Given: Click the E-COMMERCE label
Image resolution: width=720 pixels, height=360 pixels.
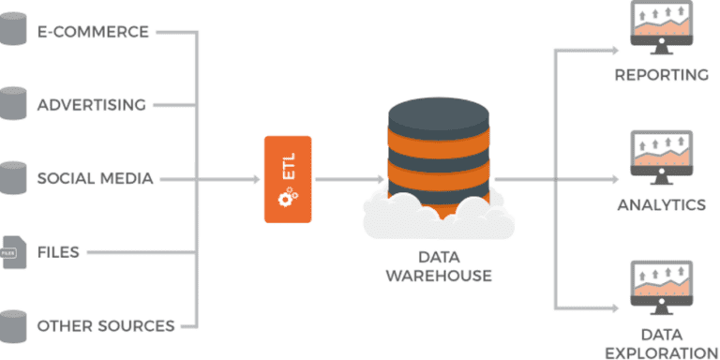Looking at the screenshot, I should point(93,32).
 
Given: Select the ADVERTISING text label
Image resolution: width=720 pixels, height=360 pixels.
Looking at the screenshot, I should point(91,105).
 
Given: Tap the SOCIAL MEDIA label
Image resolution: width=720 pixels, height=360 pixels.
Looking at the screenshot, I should point(95,178).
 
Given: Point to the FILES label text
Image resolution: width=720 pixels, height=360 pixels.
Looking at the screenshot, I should point(58,252).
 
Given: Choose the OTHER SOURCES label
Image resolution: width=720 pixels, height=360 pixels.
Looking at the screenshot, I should point(106,326).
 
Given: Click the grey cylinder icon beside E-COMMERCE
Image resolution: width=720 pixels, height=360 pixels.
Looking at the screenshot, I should point(12,30).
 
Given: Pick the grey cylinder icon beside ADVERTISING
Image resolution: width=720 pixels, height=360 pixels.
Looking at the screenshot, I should point(12,103).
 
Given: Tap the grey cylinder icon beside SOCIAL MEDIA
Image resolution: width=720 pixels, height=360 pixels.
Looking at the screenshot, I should point(12,177).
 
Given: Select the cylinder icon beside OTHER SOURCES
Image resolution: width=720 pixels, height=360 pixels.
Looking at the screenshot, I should point(12,324).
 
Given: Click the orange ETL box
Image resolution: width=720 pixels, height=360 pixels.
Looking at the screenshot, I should point(288,179).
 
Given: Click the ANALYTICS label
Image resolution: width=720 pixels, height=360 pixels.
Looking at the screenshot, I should point(661,204).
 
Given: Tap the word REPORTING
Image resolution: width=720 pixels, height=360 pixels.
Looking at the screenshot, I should point(661,75).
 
